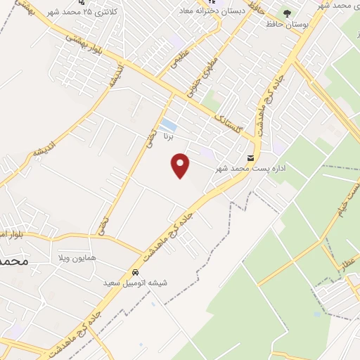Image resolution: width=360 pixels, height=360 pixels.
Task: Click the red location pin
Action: click(181, 165)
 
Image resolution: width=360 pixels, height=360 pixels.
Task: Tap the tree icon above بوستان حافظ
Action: click(287, 13)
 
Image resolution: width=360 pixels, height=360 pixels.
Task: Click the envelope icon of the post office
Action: click(251, 157)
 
